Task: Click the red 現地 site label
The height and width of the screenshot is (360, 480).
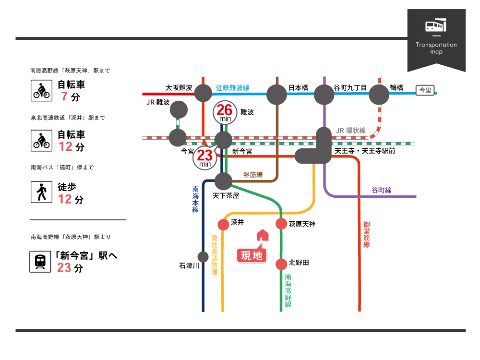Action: [252, 255]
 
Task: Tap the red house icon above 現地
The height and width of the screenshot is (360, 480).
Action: [262, 235]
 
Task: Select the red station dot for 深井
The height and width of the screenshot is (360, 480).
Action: [223, 224]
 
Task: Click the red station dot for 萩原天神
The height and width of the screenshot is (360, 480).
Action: [281, 224]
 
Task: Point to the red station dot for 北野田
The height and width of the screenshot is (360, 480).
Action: [281, 264]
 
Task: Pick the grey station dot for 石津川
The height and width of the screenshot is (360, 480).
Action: [203, 257]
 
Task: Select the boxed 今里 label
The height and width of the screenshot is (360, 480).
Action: [425, 90]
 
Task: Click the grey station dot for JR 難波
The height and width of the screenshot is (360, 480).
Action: [179, 109]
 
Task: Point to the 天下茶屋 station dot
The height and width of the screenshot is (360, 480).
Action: [223, 181]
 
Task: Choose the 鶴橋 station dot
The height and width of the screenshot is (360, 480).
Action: [379, 95]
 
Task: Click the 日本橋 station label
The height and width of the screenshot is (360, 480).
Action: [298, 88]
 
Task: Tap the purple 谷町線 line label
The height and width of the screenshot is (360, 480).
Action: [382, 190]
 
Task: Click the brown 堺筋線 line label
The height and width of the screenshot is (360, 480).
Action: [253, 175]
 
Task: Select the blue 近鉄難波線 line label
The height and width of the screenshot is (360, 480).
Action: [233, 88]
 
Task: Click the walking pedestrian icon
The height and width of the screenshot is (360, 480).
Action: [41, 192]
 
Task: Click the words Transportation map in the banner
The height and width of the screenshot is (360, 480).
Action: [436, 48]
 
